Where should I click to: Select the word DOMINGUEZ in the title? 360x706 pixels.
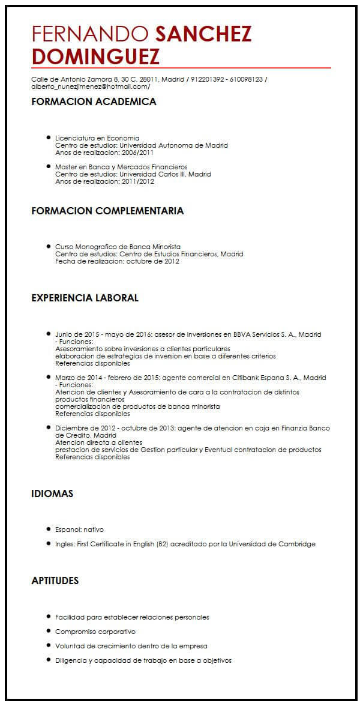coord(95,56)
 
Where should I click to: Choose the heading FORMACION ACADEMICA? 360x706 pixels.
coord(94,102)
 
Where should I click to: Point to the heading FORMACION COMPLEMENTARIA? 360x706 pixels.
coord(107,211)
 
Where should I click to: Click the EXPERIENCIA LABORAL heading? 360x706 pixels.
coord(85,298)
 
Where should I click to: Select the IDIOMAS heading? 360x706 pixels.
coord(52,493)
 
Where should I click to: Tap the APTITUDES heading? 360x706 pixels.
coord(55,581)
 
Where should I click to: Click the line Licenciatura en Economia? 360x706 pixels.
coord(97,137)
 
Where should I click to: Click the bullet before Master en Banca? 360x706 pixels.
coord(48,167)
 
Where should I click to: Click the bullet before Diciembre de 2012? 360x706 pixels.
coord(48,428)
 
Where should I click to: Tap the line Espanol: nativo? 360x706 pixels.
coord(79,529)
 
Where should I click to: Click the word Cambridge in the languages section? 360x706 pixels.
coord(295,544)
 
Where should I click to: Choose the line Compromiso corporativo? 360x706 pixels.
coord(95,632)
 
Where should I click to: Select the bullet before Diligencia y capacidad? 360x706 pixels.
coord(48,660)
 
